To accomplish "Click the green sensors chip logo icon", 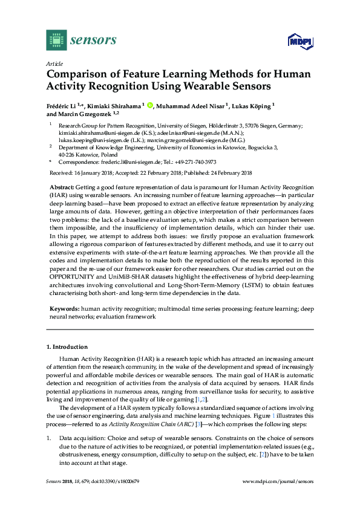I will (x=56, y=40).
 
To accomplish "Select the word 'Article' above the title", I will (x=54, y=63).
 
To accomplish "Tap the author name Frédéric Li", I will (x=64, y=106).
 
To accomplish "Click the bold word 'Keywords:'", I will (x=65, y=308).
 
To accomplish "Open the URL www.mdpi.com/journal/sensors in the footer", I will (x=278, y=481).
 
